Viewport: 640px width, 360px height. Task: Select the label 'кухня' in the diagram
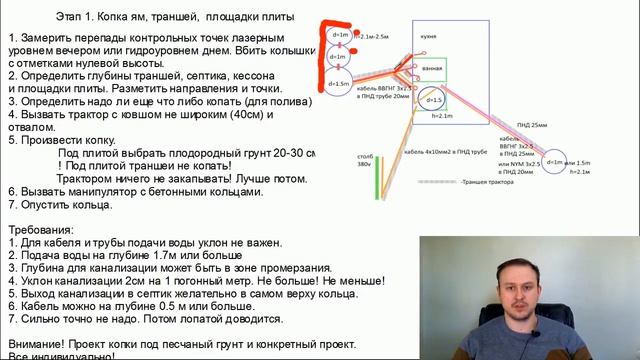coord(428,34)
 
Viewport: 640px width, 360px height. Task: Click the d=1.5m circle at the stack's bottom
coord(337,84)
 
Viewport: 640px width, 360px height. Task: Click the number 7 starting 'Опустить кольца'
coord(11,205)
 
